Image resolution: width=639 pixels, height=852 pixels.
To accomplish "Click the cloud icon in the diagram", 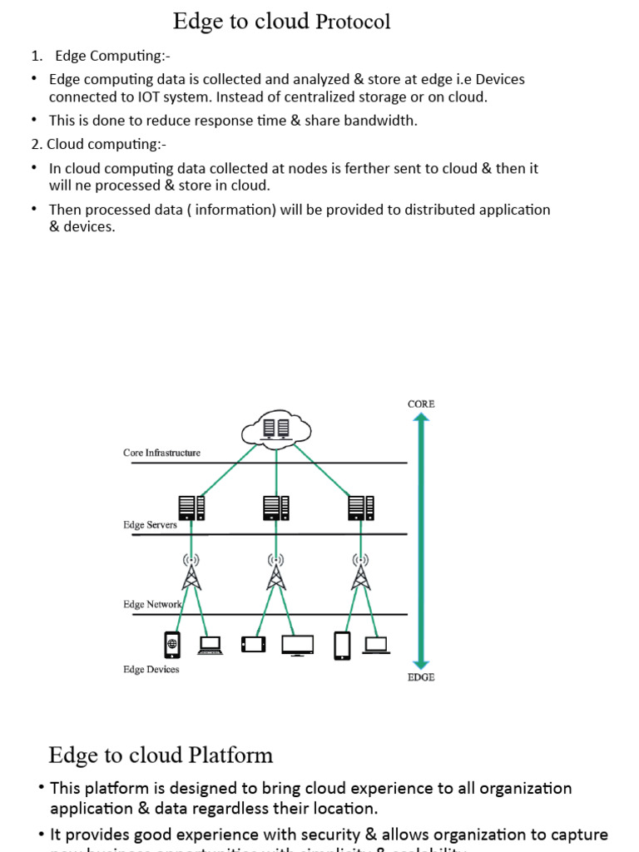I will coord(276,429).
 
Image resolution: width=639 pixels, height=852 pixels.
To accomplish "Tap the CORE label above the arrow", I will coord(421,404).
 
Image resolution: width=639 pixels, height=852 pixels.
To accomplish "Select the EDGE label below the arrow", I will coord(421,677).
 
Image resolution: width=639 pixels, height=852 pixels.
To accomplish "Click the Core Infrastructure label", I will coord(161,453).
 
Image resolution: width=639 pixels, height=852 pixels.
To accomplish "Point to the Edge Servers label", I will coord(150,525).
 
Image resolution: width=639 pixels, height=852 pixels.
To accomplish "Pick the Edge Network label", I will coord(152,605).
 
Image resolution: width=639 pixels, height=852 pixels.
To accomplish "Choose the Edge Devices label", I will coord(151,669).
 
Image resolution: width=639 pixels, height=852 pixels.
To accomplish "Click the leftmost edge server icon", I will coord(191,507).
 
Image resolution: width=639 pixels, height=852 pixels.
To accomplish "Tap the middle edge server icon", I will coord(276,507).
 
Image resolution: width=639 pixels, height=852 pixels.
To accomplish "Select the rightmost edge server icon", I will coord(360,507).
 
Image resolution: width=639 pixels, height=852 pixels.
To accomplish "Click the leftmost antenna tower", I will coord(191,572).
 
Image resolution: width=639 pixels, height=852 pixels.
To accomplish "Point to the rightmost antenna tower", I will coord(360,572).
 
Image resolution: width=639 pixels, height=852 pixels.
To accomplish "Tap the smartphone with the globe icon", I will coord(172,645).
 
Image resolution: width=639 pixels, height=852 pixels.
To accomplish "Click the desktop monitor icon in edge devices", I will coord(297,645).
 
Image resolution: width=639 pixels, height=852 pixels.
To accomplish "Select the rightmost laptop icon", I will coord(376,645).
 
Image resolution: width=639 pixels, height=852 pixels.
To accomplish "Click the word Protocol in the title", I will coord(353,22).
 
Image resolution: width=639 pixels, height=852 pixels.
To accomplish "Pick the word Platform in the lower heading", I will coord(231,755).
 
